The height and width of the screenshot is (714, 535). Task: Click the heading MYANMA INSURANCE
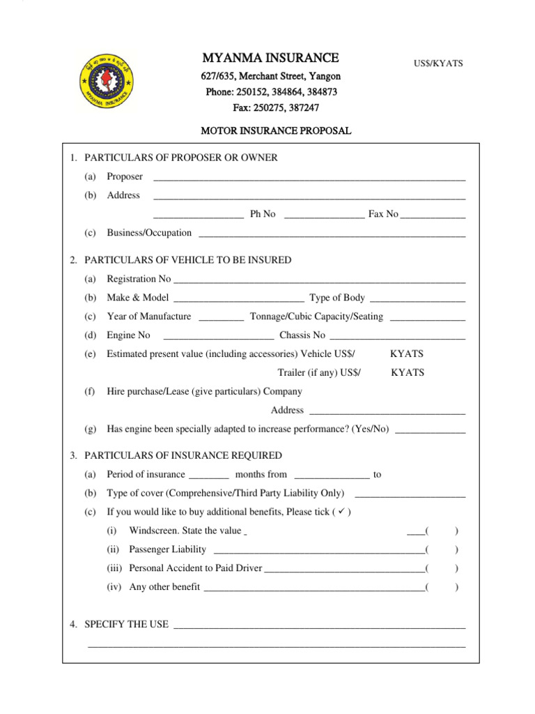270,58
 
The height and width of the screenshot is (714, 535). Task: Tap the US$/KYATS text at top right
439,63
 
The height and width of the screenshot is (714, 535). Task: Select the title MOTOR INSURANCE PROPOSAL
276,130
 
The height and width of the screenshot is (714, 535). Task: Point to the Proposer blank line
309,178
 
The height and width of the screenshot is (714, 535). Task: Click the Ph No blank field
324,215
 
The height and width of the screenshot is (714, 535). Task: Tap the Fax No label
383,214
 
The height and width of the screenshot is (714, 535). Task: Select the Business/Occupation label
149,233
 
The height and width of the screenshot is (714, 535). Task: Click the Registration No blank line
319,280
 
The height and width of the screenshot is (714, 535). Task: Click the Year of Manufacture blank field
221,318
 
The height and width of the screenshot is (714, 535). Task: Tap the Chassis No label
302,335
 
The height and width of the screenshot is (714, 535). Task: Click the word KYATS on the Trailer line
408,372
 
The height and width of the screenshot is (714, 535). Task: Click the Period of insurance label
146,475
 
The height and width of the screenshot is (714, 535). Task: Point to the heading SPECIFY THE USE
126,624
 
